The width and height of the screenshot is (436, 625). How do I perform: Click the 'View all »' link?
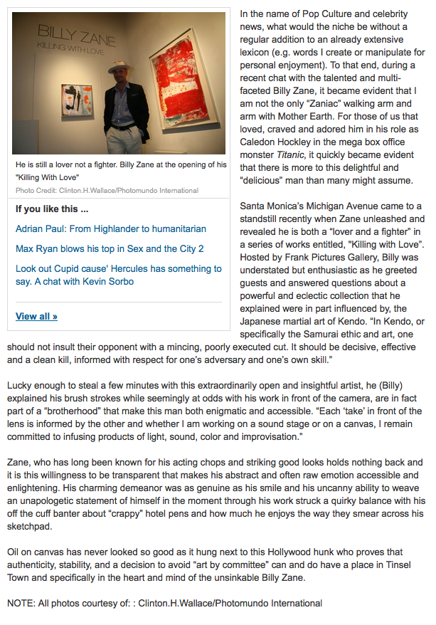pyautogui.click(x=36, y=316)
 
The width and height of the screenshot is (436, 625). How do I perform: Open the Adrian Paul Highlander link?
pyautogui.click(x=111, y=229)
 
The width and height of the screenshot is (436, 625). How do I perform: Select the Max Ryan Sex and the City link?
pyautogui.click(x=110, y=248)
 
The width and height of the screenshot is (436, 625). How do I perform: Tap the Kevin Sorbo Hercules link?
pyautogui.click(x=118, y=275)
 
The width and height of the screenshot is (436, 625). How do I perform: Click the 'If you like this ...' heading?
pyautogui.click(x=52, y=209)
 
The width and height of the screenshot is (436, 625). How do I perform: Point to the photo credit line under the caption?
pyautogui.click(x=107, y=190)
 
